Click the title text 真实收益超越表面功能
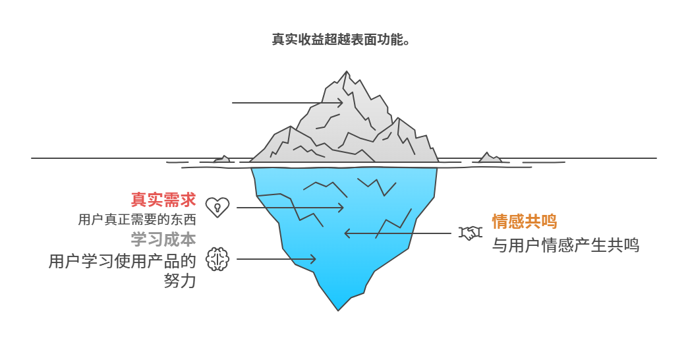(343, 39)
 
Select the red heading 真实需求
(163, 199)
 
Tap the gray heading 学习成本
(163, 239)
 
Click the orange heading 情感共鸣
(525, 221)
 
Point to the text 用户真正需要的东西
(137, 220)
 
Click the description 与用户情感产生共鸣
(565, 246)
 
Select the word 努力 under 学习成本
(179, 280)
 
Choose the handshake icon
(471, 233)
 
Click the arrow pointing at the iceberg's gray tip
(287, 103)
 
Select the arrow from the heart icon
(290, 208)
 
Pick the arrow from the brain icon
(275, 259)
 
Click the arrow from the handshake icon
(399, 233)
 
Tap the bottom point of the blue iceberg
(339, 309)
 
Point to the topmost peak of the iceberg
(345, 73)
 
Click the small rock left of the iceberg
(222, 159)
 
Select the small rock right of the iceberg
(490, 158)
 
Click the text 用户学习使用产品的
(123, 261)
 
